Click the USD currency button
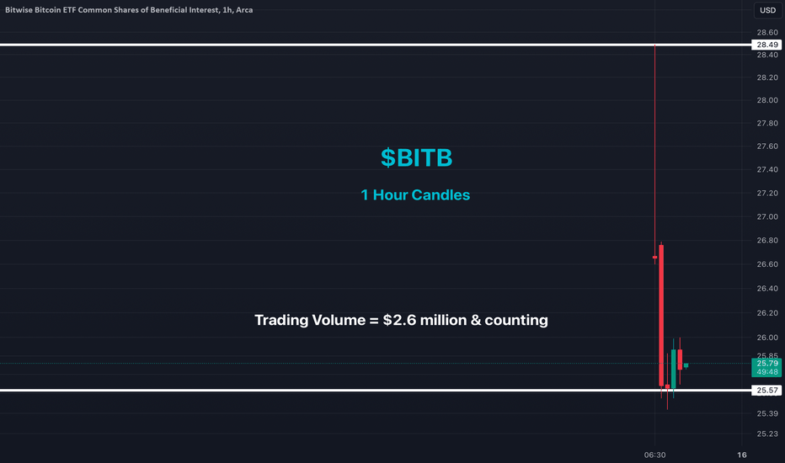[x=767, y=10]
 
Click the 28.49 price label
[x=766, y=45]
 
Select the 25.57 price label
[x=766, y=390]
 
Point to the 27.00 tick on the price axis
[x=767, y=216]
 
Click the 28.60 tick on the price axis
[x=767, y=33]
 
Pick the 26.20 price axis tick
[x=767, y=313]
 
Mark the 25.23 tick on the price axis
[x=767, y=434]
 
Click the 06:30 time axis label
[x=654, y=455]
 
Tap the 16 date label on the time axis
[x=742, y=455]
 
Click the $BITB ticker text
[x=417, y=157]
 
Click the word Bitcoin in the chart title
[x=47, y=10]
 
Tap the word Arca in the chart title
[x=244, y=10]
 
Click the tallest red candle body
[x=661, y=316]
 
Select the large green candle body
[x=673, y=369]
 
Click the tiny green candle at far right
[x=686, y=365]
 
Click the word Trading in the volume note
[x=281, y=321]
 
